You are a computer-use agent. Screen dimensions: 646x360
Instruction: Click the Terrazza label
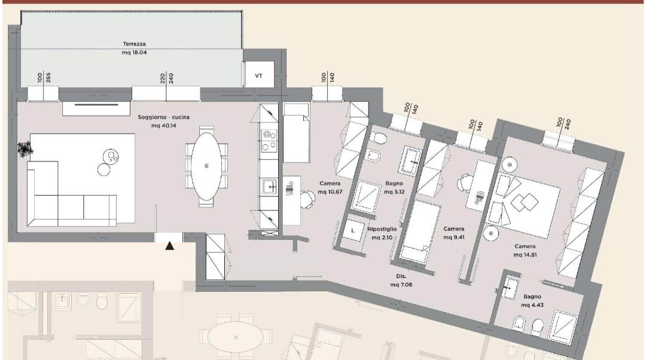[135, 44]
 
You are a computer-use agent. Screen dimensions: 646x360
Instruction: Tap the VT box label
[259, 76]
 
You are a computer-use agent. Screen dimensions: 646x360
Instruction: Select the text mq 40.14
[163, 125]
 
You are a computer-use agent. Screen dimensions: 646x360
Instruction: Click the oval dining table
[206, 166]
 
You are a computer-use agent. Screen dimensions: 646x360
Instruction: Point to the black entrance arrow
[169, 246]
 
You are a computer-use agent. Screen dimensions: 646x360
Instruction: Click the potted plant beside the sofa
[25, 148]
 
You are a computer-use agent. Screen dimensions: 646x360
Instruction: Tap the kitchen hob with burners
[269, 141]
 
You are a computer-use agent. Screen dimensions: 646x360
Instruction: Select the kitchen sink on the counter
[270, 188]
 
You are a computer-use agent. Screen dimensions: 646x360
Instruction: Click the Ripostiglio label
[382, 229]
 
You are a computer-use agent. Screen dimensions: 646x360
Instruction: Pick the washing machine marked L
[353, 231]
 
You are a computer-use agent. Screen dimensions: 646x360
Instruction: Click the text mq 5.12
[394, 192]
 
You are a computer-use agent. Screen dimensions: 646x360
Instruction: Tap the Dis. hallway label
[401, 276]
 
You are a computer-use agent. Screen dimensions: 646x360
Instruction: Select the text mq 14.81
[525, 255]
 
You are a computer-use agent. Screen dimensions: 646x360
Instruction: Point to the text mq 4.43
[532, 305]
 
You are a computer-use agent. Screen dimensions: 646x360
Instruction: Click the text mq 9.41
[453, 237]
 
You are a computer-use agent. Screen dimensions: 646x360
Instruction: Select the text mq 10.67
[330, 192]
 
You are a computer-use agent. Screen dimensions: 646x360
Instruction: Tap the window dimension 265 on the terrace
[48, 77]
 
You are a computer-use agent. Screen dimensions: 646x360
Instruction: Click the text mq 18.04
[135, 53]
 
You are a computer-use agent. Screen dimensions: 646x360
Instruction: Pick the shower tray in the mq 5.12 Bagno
[365, 197]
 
